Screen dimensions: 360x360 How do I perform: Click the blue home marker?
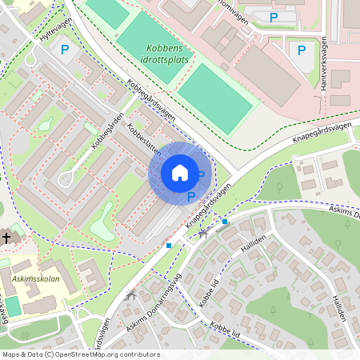[180, 173]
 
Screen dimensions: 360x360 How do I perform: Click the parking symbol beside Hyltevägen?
[65, 50]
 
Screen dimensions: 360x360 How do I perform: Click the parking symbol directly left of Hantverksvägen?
[302, 50]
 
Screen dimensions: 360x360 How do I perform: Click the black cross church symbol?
[6, 238]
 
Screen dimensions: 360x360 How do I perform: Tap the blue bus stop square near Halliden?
[225, 221]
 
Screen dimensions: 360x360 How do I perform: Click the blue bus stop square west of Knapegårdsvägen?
[168, 245]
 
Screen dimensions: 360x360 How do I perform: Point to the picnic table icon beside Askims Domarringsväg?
[131, 294]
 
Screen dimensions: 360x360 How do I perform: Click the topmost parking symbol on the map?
[274, 16]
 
